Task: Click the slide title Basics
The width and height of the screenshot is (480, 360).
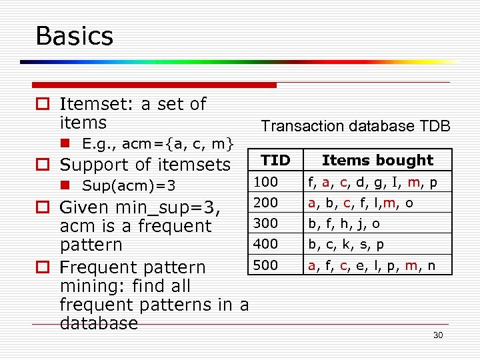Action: pyautogui.click(x=75, y=35)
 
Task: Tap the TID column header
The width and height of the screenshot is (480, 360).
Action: pyautogui.click(x=275, y=160)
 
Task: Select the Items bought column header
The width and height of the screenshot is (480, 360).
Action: pyautogui.click(x=377, y=160)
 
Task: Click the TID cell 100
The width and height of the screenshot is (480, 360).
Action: pyautogui.click(x=265, y=181)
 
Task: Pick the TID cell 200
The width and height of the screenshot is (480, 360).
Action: pyautogui.click(x=265, y=202)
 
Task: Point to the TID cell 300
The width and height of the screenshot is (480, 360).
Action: pyautogui.click(x=265, y=223)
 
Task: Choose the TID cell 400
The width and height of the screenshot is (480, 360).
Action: pyautogui.click(x=265, y=244)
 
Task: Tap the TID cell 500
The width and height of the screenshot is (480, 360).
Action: pyautogui.click(x=265, y=265)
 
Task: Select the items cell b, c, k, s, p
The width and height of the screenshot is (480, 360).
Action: pyautogui.click(x=345, y=245)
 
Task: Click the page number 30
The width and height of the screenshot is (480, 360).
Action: pyautogui.click(x=437, y=335)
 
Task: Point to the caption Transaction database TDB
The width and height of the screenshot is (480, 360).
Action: pyautogui.click(x=355, y=126)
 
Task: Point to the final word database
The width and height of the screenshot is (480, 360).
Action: pyautogui.click(x=99, y=324)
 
